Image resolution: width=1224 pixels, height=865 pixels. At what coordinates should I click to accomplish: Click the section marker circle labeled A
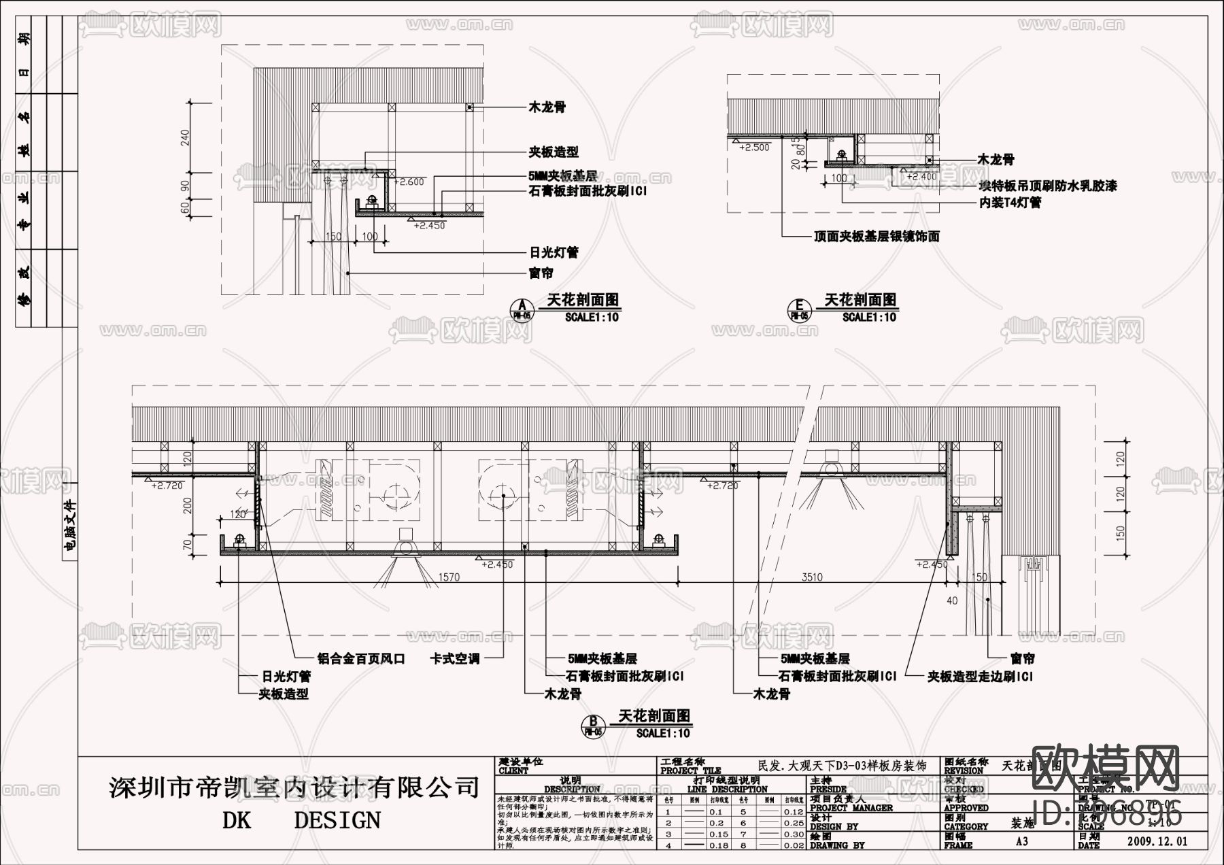[x=522, y=307]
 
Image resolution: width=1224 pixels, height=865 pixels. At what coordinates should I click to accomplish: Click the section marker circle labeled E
[x=799, y=309]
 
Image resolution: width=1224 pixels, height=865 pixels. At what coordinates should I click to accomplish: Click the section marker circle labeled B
[x=593, y=725]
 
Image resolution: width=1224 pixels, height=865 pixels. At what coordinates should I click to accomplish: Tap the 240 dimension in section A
[x=185, y=138]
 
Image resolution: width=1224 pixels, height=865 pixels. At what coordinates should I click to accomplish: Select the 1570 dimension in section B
[x=448, y=577]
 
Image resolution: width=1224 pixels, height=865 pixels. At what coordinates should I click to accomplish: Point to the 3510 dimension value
[x=812, y=577]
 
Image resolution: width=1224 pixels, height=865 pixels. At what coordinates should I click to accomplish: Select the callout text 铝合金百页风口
[x=361, y=659]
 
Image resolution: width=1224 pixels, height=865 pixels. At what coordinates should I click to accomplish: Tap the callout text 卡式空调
[x=455, y=659]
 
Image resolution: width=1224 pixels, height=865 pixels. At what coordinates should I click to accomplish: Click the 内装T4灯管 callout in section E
[x=1010, y=203]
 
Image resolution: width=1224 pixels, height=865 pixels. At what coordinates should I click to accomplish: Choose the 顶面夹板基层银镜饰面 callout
[x=877, y=237]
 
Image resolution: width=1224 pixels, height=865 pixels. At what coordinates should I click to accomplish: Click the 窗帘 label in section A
[x=541, y=273]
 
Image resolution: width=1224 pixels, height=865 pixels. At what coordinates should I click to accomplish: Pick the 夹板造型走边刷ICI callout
[x=981, y=677]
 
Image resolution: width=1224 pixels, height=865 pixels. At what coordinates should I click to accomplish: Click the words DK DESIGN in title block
[x=301, y=820]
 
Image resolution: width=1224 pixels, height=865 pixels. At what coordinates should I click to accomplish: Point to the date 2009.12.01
[x=1157, y=841]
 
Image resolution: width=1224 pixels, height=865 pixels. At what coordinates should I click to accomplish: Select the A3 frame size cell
[x=1021, y=841]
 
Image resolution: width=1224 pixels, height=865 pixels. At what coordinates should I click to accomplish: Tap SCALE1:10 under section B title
[x=663, y=733]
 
